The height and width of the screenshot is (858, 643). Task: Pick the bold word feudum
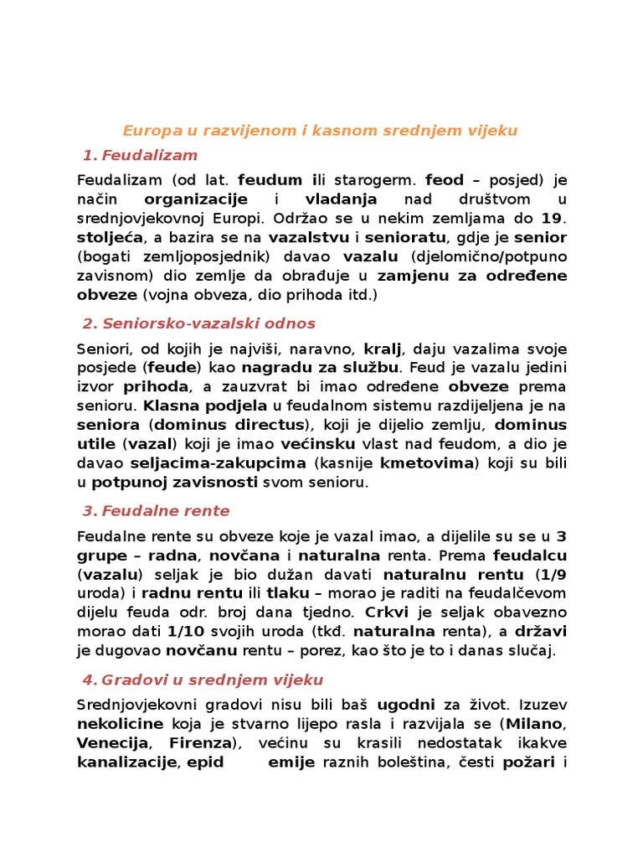tap(268, 179)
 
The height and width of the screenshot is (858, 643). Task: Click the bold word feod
tap(445, 179)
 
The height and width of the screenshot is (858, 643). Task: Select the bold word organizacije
tap(196, 199)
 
